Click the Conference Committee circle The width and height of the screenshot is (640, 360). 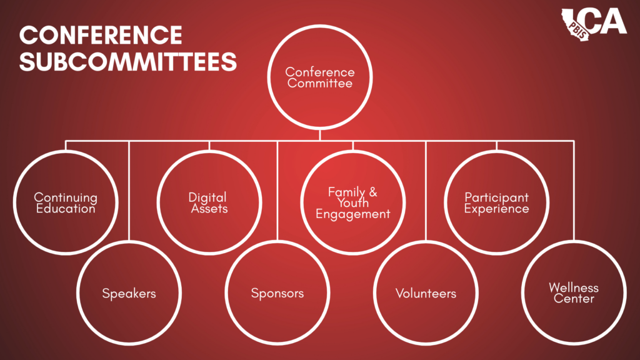point(320,77)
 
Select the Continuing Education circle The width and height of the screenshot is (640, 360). point(66,202)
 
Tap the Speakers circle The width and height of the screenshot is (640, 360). point(129,293)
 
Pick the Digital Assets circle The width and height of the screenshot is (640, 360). point(209,202)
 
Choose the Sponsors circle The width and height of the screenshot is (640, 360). point(277,293)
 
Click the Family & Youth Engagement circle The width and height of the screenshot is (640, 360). point(352,202)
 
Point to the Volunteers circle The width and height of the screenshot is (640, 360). point(426,293)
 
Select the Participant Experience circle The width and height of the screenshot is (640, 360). point(497,202)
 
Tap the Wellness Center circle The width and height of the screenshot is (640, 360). point(574,293)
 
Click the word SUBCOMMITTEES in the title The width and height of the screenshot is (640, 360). point(128,61)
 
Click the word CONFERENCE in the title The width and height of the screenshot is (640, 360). point(101,35)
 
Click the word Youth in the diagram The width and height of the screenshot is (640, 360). point(352,203)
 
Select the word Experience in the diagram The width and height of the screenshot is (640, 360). point(497,209)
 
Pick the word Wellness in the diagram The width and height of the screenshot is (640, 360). point(574,287)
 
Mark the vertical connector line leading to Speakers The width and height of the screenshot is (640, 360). point(129,187)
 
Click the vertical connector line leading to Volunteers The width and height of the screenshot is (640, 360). point(426,187)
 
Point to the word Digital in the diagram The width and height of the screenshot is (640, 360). point(207,197)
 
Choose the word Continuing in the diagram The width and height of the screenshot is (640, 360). point(66,197)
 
